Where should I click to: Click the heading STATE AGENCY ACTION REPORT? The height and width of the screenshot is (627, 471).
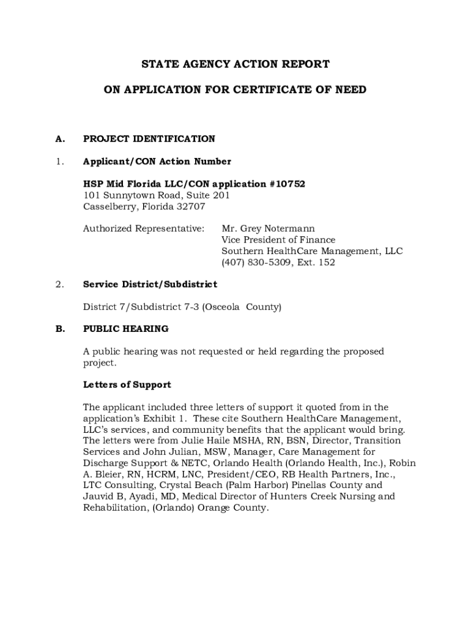click(236, 64)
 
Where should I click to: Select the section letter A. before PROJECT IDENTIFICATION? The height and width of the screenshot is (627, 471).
click(60, 139)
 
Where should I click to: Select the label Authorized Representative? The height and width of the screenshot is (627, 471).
click(144, 229)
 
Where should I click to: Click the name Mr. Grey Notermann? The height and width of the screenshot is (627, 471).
click(268, 229)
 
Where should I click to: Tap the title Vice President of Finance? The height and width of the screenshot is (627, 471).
click(278, 240)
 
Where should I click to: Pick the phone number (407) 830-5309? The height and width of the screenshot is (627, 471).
click(256, 263)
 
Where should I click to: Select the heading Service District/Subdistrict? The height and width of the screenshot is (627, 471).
click(150, 285)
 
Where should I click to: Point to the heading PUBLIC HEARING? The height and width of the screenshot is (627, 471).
click(125, 329)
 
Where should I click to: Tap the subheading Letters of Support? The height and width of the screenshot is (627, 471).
click(127, 385)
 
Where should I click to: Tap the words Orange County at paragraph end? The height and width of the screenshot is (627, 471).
click(235, 508)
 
